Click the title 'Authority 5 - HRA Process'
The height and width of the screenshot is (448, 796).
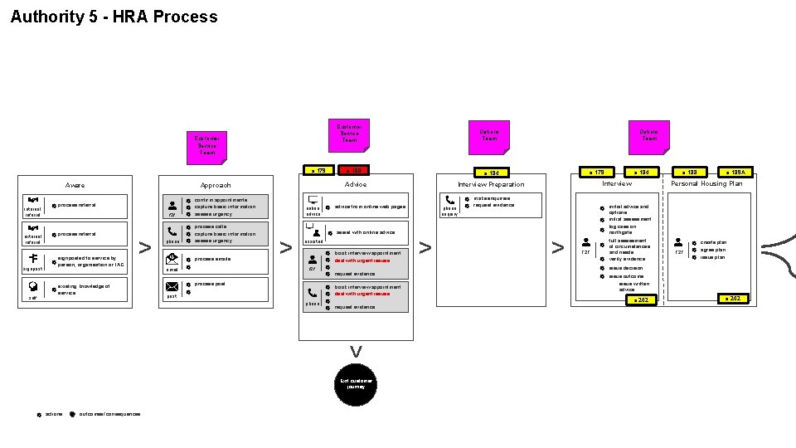click(x=114, y=17)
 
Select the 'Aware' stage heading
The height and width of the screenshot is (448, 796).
click(x=75, y=185)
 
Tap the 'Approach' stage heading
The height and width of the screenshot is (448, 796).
click(x=216, y=185)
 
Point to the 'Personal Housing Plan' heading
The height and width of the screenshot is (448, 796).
click(x=706, y=183)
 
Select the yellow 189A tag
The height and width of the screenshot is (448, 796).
click(x=735, y=173)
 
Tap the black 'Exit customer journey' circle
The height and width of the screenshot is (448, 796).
click(x=356, y=384)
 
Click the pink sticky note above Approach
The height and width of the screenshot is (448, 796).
click(x=206, y=145)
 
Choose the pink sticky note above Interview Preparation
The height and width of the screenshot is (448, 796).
click(x=489, y=134)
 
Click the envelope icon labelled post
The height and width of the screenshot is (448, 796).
click(x=172, y=286)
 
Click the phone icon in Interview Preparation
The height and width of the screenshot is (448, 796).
click(x=449, y=200)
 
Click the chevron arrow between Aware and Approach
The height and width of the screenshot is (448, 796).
click(x=144, y=246)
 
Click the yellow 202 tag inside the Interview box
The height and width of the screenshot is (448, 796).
click(x=638, y=299)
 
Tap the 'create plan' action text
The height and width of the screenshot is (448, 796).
click(x=713, y=243)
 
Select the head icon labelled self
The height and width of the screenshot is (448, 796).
click(x=32, y=287)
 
